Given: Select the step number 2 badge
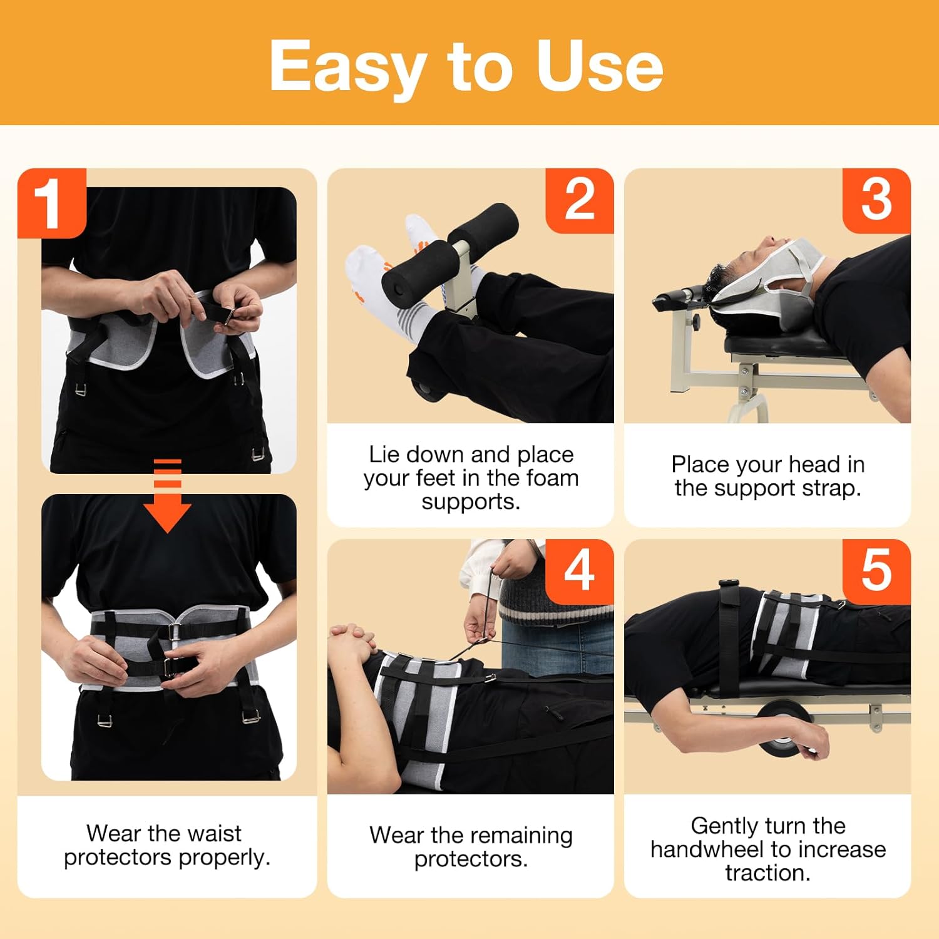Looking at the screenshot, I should click(579, 200).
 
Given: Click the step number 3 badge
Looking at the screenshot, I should click(876, 200).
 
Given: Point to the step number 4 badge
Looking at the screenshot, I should click(579, 571).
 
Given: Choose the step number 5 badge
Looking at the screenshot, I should click(876, 571).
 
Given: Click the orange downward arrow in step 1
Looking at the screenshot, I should click(167, 498).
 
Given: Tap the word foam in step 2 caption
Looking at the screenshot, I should click(552, 478).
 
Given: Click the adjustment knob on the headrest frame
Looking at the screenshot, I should click(695, 321).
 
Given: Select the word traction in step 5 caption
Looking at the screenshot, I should click(767, 873).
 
